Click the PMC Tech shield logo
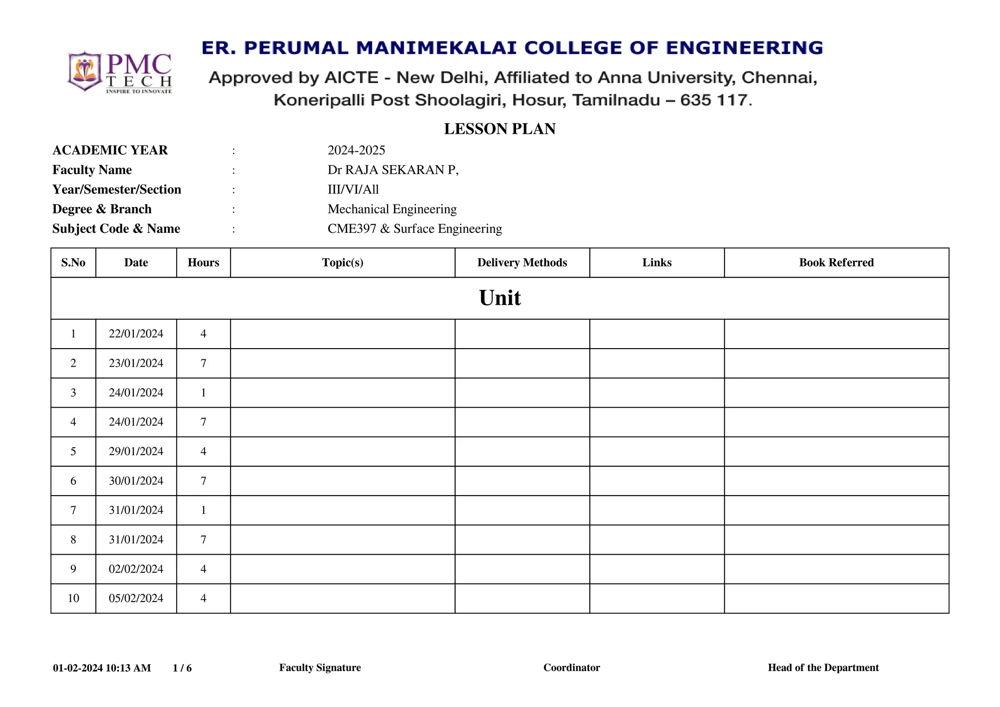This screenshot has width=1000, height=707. (85, 71)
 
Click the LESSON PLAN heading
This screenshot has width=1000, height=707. (500, 129)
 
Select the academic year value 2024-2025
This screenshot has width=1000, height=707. (356, 150)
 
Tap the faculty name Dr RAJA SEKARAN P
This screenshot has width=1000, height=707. (393, 170)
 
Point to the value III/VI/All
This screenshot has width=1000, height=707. (353, 189)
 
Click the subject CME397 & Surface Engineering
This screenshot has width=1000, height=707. (415, 229)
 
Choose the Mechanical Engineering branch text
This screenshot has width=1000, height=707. (392, 209)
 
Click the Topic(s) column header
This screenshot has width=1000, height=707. (342, 263)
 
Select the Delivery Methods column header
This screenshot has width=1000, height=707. (522, 263)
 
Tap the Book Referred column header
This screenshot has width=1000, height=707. (836, 263)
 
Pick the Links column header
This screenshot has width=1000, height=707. (657, 263)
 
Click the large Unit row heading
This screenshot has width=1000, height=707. (500, 298)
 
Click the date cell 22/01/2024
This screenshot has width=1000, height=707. (136, 334)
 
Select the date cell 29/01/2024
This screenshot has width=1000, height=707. (136, 452)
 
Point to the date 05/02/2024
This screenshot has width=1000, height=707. (136, 599)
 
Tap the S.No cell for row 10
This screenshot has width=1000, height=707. (73, 599)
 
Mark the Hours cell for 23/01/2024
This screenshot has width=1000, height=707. (203, 363)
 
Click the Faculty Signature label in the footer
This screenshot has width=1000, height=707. (320, 668)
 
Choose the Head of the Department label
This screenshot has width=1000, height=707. (823, 668)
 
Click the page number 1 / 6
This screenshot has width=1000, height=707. (182, 668)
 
